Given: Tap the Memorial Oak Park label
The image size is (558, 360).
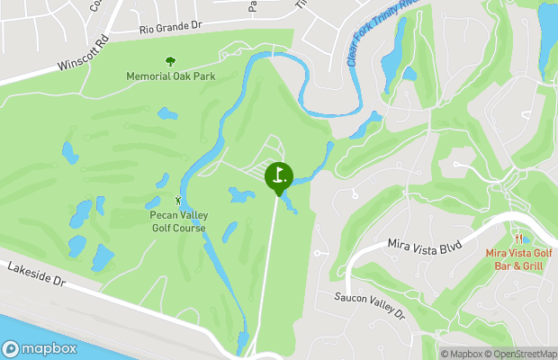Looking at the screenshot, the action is pos(170,76).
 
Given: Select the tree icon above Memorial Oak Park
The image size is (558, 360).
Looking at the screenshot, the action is pos(170,61).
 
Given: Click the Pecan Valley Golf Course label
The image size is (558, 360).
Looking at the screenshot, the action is pos(177,221).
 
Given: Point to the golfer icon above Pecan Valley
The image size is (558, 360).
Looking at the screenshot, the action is pos(177,200).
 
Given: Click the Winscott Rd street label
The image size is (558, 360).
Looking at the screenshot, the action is pos(84,55).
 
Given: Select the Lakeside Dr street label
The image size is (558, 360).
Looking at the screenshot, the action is pos(37,274).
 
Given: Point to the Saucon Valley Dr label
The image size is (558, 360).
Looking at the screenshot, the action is pos(371,304).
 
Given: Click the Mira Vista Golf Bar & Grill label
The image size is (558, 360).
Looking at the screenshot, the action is pos(520,258).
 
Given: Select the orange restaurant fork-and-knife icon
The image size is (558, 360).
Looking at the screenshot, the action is pos(520,238).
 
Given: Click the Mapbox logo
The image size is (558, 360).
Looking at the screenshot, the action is pos(40,348).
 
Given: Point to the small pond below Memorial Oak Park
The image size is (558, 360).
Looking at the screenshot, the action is pos(167,114).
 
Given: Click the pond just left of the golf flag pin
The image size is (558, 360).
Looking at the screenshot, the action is pos(240,194).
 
